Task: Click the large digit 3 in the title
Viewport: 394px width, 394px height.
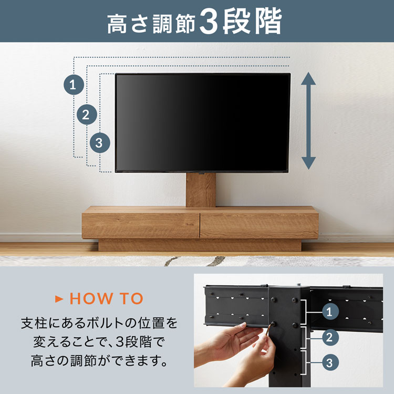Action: coord(209,23)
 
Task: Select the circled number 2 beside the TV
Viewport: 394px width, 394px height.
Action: coord(86,114)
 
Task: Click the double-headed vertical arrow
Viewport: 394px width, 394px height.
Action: coord(308,120)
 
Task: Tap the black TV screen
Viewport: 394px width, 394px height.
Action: coord(203,122)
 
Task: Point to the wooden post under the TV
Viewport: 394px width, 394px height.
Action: coord(201,190)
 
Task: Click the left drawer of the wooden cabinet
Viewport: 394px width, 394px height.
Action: coord(141,225)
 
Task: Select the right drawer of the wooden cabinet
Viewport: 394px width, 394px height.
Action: coord(259,225)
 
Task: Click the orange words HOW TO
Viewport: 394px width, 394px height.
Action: coord(106,299)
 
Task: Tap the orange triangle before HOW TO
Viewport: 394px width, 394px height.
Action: coord(59,299)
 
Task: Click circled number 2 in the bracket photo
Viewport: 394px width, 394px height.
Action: coord(329,337)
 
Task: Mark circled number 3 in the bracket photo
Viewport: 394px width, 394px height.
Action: coord(329,362)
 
